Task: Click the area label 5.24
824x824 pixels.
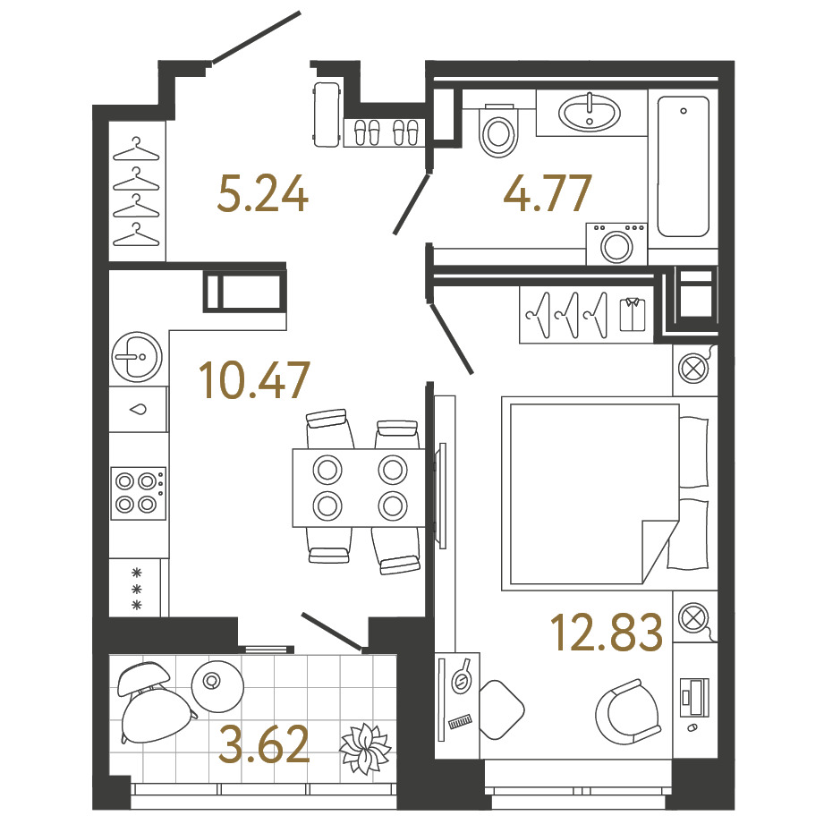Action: point(263,194)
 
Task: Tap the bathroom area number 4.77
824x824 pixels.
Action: point(548,193)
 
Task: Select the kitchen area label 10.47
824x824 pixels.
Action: point(254,379)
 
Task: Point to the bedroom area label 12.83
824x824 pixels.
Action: point(607,633)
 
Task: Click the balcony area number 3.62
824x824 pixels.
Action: point(264,743)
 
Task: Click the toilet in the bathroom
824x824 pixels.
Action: point(497,130)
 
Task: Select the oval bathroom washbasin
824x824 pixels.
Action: point(589,113)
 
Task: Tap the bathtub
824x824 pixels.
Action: point(684,166)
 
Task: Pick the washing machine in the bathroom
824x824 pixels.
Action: point(616,244)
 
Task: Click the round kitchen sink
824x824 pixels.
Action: point(137,357)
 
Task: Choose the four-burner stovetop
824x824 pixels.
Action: point(138,492)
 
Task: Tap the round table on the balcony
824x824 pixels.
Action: point(217,686)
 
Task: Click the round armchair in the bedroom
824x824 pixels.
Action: point(627,712)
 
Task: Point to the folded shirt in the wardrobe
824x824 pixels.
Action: point(633,314)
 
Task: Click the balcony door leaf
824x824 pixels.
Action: point(332,630)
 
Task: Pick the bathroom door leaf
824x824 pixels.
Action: point(412,204)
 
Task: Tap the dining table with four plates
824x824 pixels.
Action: point(359,488)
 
